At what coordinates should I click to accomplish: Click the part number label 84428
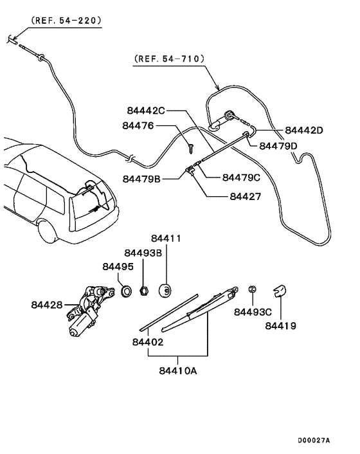[46, 304]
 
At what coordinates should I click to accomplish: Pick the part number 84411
[166, 239]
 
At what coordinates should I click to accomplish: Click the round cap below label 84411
[166, 291]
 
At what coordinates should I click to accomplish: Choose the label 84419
[280, 326]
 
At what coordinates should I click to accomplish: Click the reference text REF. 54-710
[170, 59]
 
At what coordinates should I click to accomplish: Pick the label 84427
[245, 197]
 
